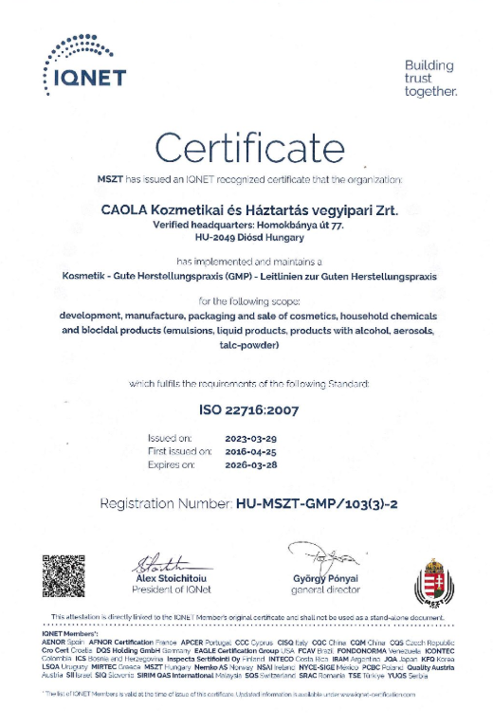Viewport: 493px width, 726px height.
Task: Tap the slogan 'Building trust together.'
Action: click(x=429, y=79)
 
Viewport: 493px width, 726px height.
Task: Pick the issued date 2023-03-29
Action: click(x=250, y=438)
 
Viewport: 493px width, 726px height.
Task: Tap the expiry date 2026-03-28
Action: click(x=250, y=465)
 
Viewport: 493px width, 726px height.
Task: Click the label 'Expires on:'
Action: click(x=172, y=465)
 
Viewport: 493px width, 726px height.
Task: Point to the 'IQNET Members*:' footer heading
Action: click(x=72, y=634)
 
